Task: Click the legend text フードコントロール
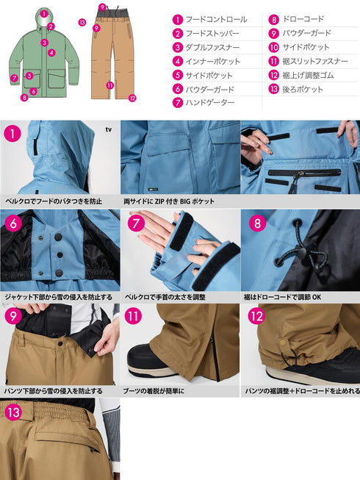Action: click(216, 19)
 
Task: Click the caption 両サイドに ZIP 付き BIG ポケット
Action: click(168, 201)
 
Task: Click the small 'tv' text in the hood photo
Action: click(108, 130)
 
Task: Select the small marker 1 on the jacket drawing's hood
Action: click(44, 12)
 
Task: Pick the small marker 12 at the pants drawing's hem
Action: click(132, 97)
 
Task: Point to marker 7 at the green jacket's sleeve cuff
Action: click(14, 78)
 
